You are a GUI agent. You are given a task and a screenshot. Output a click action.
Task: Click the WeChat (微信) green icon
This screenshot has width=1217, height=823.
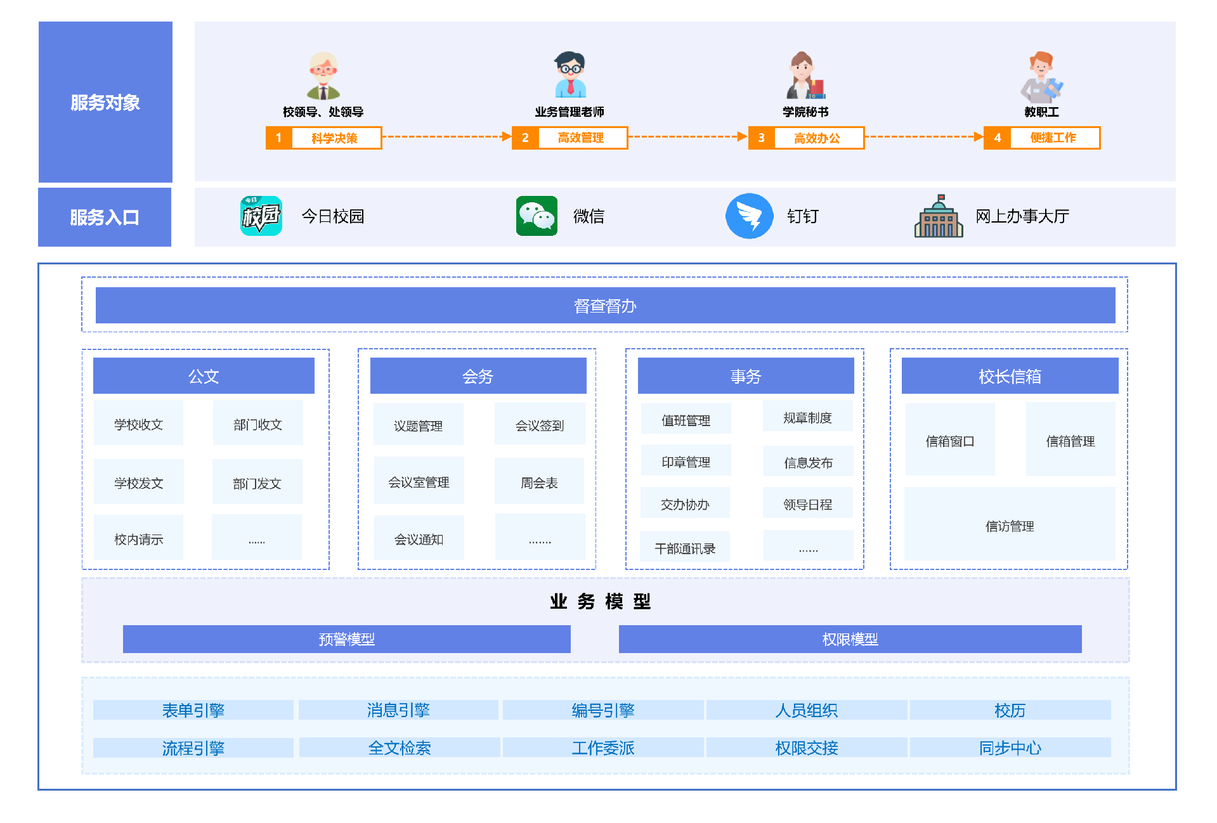tap(537, 216)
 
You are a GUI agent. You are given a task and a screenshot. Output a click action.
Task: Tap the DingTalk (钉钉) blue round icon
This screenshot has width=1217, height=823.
tap(749, 216)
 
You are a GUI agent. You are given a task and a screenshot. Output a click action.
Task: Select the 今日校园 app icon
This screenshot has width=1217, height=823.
tap(261, 216)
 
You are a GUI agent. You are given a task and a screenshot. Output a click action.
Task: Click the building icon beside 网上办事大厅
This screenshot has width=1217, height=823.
tap(939, 216)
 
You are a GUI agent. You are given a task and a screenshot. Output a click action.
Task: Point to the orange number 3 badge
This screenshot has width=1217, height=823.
tap(762, 138)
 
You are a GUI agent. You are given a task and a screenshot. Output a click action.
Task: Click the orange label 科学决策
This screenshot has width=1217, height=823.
tap(335, 138)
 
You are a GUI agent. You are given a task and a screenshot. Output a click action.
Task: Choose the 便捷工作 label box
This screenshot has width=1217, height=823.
tap(1053, 138)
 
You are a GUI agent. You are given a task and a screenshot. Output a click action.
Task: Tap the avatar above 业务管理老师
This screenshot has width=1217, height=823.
tap(569, 75)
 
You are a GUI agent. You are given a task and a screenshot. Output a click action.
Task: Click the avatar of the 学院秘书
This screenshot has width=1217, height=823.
tap(805, 75)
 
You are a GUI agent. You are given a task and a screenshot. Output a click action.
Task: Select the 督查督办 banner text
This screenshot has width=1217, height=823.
tap(605, 306)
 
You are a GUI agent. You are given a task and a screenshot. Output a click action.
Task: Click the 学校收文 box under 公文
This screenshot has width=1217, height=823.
tap(138, 424)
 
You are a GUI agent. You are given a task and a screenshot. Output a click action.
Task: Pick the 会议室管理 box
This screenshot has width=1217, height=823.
tap(419, 482)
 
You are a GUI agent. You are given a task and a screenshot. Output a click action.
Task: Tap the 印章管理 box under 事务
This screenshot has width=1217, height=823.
tap(686, 462)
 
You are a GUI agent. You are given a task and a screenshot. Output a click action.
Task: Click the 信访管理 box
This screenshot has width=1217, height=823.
tap(1010, 525)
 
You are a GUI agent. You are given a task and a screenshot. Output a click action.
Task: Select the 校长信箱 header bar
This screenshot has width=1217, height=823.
tap(1010, 376)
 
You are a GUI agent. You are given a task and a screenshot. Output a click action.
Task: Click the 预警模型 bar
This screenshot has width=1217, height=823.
tap(347, 639)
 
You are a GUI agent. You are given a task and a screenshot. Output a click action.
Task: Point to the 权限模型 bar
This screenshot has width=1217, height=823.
tap(850, 639)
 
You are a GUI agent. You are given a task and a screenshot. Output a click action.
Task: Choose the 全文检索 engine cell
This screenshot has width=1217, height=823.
tap(400, 748)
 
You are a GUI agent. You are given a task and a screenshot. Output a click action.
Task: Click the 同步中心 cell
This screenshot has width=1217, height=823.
tap(1010, 748)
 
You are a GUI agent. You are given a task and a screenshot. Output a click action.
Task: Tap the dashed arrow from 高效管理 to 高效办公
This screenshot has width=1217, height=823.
tap(687, 137)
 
